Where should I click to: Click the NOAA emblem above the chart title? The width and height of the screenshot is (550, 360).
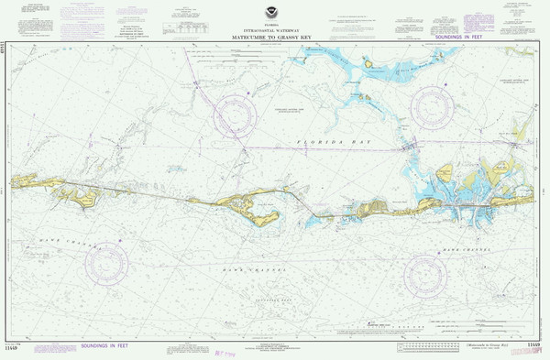[x=276, y=13]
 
